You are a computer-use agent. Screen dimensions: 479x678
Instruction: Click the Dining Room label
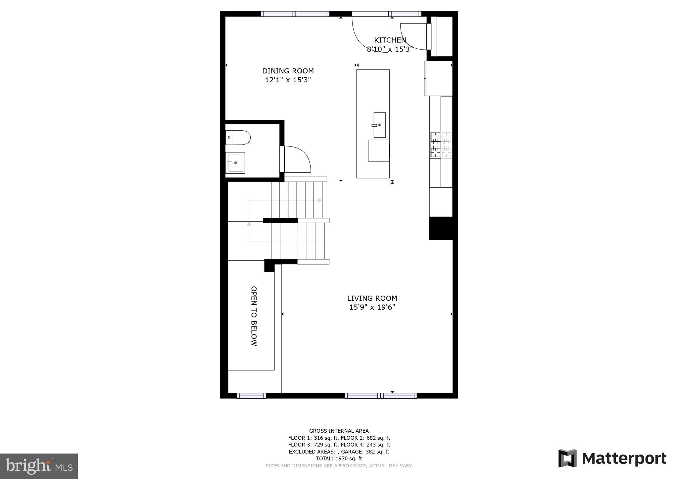tap(288, 71)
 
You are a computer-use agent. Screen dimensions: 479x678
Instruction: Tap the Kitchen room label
tap(390, 40)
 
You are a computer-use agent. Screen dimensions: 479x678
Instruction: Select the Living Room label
tap(372, 298)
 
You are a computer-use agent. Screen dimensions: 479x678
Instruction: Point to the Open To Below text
tap(254, 316)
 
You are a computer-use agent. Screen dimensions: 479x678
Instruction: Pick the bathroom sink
tap(235, 163)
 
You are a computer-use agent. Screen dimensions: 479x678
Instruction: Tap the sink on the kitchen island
tap(379, 125)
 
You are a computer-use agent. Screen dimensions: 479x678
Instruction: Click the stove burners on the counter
tap(441, 145)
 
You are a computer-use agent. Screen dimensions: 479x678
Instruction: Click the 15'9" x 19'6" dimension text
tap(372, 307)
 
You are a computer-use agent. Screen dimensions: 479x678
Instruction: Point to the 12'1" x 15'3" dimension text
tap(288, 80)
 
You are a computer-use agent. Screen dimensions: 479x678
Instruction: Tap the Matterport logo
tap(612, 458)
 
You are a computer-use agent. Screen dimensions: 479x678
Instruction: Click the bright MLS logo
tap(39, 466)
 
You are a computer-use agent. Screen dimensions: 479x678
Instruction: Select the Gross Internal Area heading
tap(339, 431)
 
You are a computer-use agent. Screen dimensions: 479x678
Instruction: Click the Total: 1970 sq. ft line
tap(339, 458)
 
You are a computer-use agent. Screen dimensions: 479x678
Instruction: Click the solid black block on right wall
tap(441, 228)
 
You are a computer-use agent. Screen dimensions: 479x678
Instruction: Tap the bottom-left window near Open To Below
tap(251, 396)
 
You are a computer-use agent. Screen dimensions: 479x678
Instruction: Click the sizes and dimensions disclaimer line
tap(339, 466)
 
